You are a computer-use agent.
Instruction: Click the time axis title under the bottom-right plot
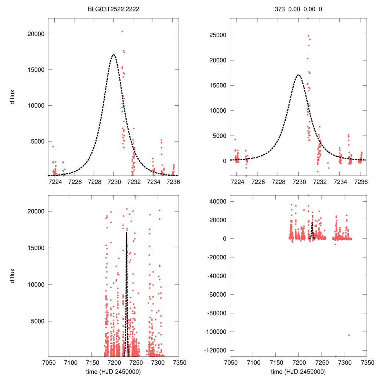[x=298, y=371]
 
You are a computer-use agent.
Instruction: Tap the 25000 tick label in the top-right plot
[x=217, y=35]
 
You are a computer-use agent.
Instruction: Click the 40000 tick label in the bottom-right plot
[x=217, y=202]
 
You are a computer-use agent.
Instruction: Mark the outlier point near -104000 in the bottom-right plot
[x=349, y=335]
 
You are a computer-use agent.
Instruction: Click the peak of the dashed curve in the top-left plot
[x=113, y=55]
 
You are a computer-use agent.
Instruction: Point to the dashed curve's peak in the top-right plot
[x=298, y=75]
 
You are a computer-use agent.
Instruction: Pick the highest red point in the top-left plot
[x=122, y=32]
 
